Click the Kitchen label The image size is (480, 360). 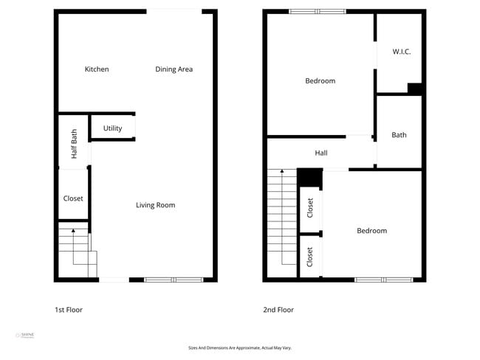coord(97,69)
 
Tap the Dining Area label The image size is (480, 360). coord(174,69)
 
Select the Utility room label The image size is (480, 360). coord(112,128)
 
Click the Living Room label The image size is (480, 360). coord(155,205)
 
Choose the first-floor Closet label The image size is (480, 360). coord(73,198)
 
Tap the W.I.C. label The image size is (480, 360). coord(401,52)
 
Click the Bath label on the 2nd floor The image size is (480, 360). coord(399,135)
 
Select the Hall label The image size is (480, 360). coord(320,153)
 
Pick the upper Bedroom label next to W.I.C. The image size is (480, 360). coord(320,81)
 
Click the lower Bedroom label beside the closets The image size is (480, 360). coord(371,231)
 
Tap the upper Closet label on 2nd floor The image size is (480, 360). coord(310,209)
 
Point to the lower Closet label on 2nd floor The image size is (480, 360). coord(310,257)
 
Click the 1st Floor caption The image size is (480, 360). coord(69,310)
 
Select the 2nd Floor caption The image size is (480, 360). coord(278,310)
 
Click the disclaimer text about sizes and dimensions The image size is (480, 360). coord(240,347)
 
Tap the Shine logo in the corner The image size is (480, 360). coord(25,336)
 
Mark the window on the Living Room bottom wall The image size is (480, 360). coord(174,280)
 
